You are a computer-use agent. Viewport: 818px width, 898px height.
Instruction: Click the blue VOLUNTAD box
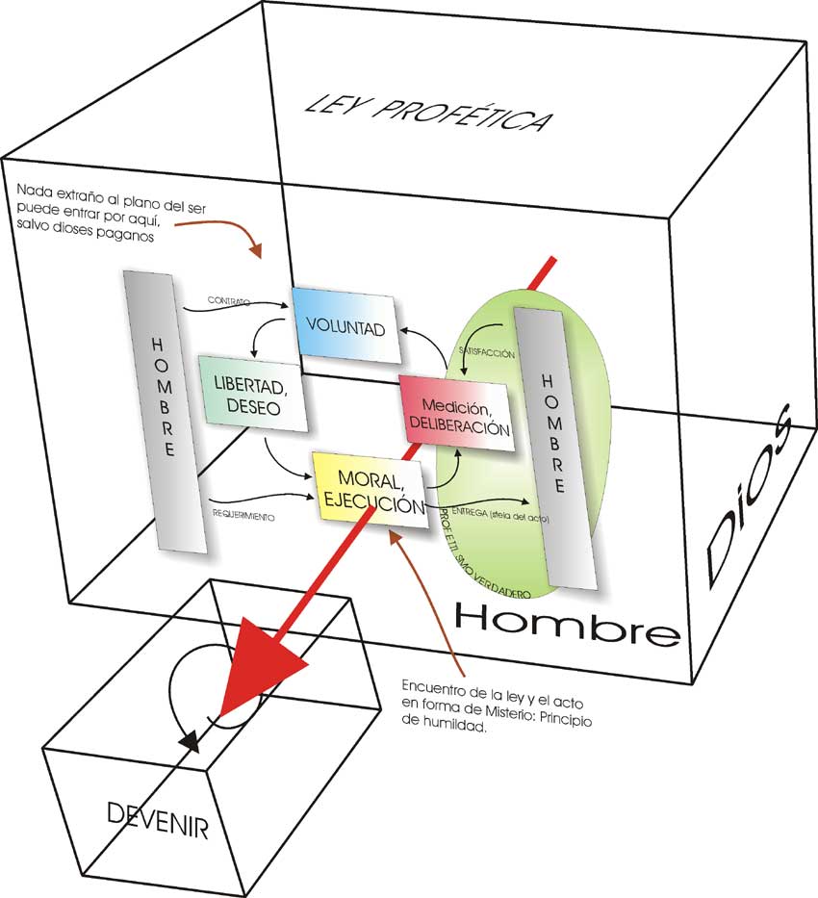[344, 327]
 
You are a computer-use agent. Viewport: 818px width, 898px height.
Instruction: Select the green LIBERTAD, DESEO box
[254, 396]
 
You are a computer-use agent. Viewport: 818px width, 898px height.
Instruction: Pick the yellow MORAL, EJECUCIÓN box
[371, 490]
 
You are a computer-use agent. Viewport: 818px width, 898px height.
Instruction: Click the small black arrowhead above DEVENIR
[191, 741]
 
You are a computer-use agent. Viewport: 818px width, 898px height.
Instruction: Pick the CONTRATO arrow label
[228, 301]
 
